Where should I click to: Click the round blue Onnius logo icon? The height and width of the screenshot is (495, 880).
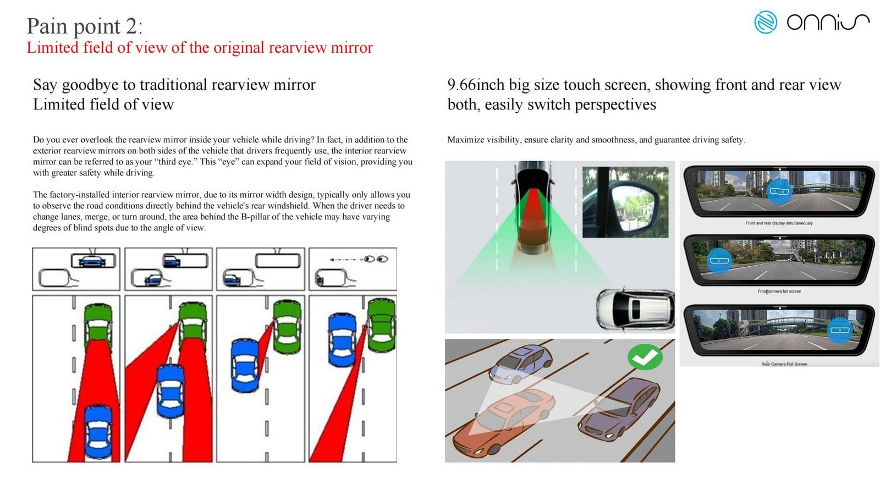pos(765,22)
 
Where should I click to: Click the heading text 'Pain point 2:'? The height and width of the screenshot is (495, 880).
pos(85,26)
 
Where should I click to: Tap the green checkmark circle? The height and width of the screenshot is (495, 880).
pos(645,357)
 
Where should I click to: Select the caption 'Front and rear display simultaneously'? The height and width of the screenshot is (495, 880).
pos(779,223)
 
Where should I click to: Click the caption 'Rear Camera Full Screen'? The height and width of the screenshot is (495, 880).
pos(784,364)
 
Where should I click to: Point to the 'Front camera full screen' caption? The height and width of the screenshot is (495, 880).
pos(779,291)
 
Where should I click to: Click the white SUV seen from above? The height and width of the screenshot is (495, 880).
pos(635,310)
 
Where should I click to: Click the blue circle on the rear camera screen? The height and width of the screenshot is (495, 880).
pos(840,330)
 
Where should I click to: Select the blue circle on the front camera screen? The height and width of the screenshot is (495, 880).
pos(720,261)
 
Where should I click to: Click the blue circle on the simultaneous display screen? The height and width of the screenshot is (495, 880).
pos(779,192)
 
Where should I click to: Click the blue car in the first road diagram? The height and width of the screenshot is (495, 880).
pos(98,432)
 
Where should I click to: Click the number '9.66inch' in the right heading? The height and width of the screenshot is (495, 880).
pos(476,85)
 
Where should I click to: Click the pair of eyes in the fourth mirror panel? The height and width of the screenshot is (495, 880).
pos(376,259)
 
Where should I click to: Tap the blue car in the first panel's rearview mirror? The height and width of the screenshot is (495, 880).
pos(92,261)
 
